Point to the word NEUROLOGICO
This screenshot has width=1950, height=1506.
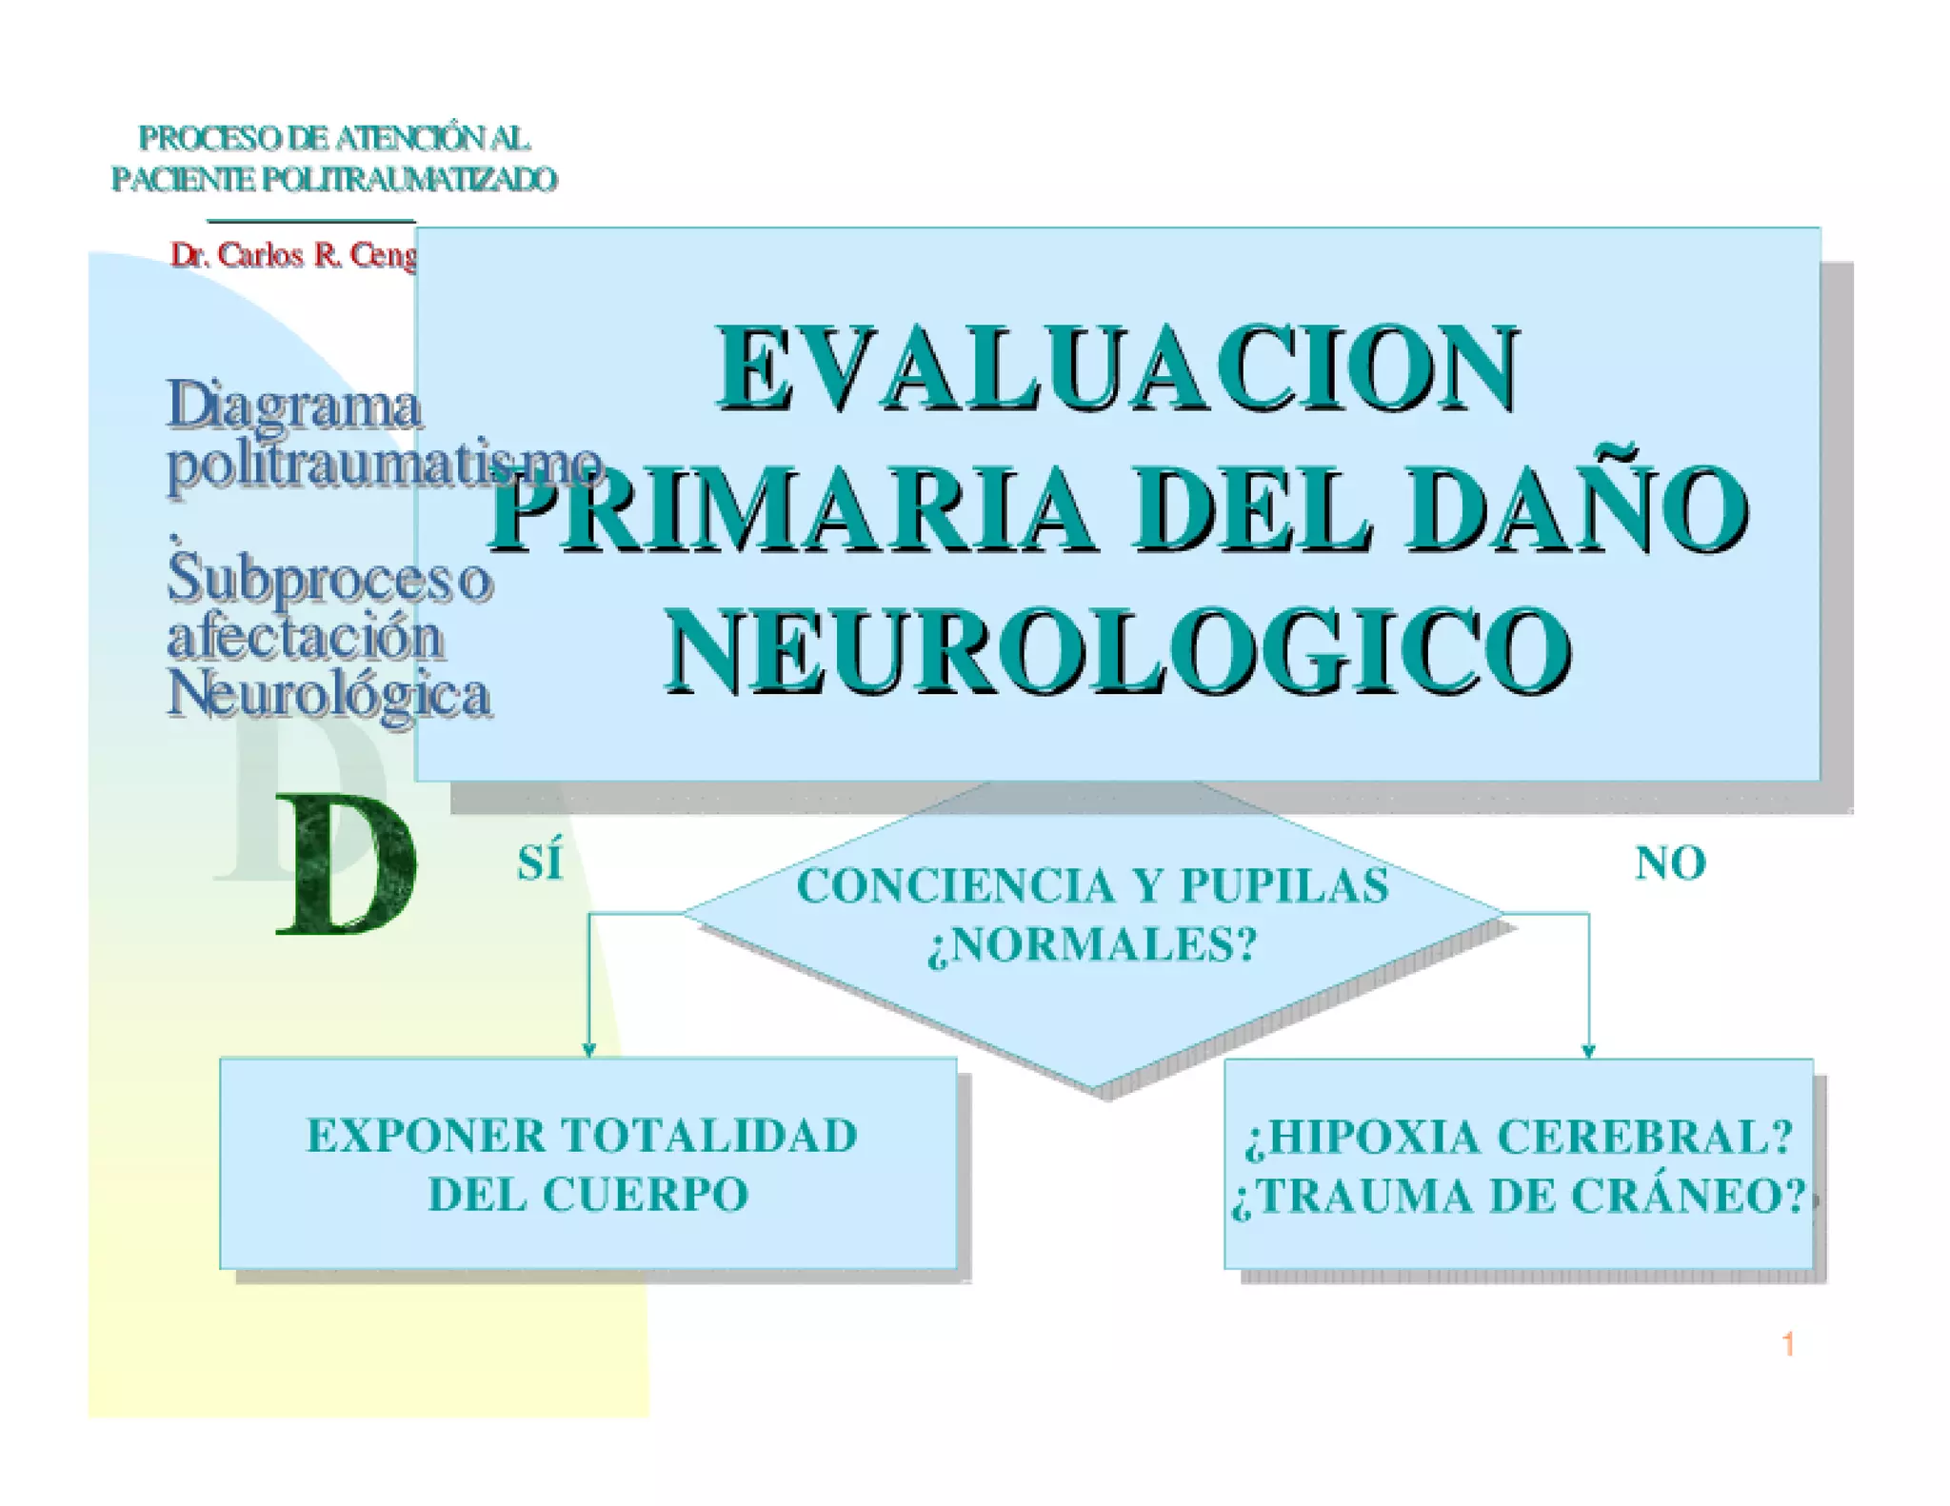pos(1118,651)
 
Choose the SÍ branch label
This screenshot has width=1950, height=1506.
pos(540,862)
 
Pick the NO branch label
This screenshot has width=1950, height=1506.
pos(1670,863)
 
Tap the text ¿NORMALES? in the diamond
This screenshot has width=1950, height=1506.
pos(1092,945)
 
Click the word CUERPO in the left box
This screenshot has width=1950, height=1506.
pos(646,1195)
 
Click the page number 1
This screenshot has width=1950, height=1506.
pos(1788,1344)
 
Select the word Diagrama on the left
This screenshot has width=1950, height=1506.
pos(294,406)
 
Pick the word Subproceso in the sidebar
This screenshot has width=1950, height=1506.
pos(329,578)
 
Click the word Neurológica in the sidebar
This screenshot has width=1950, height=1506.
pos(329,693)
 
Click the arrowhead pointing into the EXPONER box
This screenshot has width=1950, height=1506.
pos(588,1050)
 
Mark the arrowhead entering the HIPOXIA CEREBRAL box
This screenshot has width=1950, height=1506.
pos(1588,1051)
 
